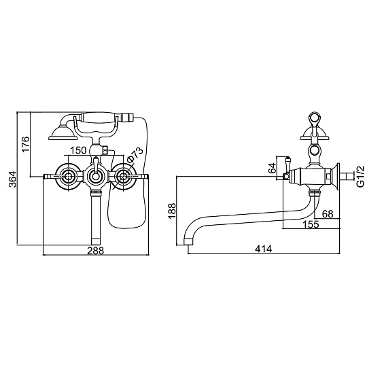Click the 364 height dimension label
click(x=13, y=179)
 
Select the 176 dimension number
click(x=26, y=143)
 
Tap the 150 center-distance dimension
click(x=78, y=150)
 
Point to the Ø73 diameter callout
click(x=135, y=155)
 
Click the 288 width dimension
click(x=95, y=251)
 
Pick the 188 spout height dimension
click(x=172, y=211)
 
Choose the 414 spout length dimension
click(x=263, y=249)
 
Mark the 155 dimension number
click(x=311, y=224)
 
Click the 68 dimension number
click(x=328, y=213)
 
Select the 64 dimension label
click(x=272, y=168)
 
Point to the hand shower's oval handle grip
click(x=99, y=118)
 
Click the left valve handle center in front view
click(x=68, y=177)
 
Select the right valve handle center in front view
click(x=123, y=177)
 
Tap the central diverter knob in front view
click(x=95, y=175)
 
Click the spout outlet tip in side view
click(x=188, y=242)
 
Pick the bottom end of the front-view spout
click(x=95, y=242)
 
